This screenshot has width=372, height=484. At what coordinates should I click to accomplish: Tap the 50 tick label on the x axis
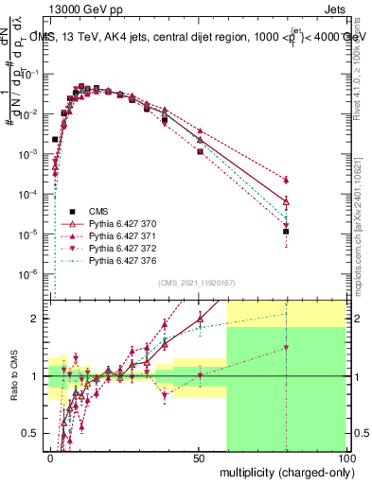tap(198, 457)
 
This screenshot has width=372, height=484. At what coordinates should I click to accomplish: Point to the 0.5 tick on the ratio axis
tap(34, 433)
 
